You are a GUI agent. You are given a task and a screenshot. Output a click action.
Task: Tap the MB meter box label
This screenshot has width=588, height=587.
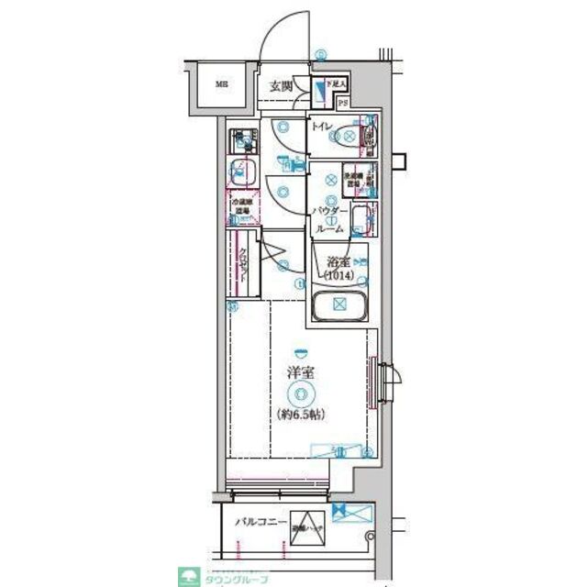pos(221,86)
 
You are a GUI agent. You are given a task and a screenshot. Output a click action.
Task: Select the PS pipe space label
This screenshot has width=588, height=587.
pos(342,103)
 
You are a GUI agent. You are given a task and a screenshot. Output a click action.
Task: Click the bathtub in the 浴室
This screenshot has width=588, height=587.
pos(338,305)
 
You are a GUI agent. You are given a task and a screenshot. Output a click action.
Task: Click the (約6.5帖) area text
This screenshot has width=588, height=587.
pos(300,415)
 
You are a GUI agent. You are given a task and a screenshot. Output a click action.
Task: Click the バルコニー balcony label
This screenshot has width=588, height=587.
pos(258,522)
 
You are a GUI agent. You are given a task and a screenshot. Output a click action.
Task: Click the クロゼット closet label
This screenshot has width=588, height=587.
pos(243,267)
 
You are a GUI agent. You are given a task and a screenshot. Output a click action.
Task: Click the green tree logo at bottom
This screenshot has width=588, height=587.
pos(192,576)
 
